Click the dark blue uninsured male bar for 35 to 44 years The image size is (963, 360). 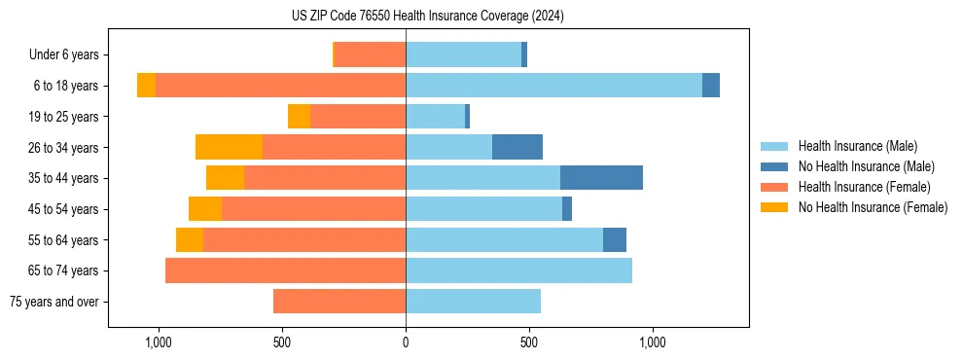[x=601, y=178]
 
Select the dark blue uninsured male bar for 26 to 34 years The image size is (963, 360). [x=517, y=147]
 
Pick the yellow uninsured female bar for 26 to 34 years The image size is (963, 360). [x=229, y=147]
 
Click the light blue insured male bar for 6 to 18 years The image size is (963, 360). [x=553, y=86]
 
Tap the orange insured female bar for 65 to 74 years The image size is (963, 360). [x=285, y=270]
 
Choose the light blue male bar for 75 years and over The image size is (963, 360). [x=473, y=302]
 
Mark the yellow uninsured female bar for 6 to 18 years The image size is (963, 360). [x=146, y=86]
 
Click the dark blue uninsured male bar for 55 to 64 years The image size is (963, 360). [x=615, y=239]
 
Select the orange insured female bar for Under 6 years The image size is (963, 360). [x=370, y=54]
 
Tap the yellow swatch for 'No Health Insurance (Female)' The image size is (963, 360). [x=774, y=207]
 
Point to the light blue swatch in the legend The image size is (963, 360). [x=774, y=146]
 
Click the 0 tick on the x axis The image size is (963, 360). [x=406, y=342]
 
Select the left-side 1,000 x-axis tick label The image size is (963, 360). [x=158, y=342]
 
